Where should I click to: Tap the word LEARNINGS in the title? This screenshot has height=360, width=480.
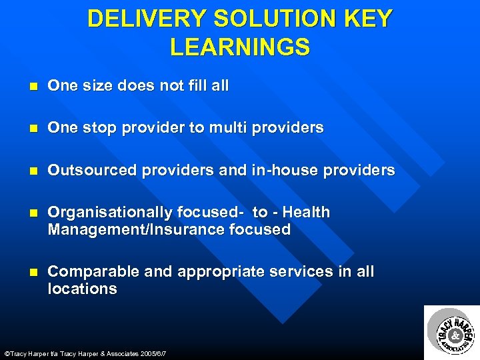click(x=240, y=47)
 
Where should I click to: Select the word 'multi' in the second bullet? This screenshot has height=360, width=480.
click(x=228, y=128)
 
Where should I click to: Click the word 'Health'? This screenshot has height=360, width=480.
click(x=306, y=213)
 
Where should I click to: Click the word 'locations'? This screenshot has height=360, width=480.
click(x=82, y=289)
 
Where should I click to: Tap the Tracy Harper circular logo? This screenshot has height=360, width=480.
click(x=452, y=332)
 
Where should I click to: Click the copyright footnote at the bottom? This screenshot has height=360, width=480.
click(x=85, y=353)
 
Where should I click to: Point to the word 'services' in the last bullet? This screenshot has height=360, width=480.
click(x=296, y=272)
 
